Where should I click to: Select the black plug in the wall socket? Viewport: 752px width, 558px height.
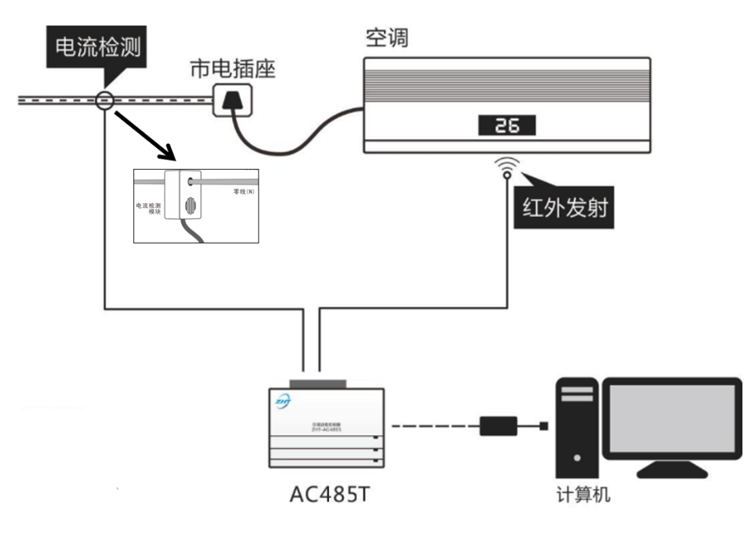click(233, 102)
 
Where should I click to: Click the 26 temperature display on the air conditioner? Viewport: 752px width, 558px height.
click(506, 125)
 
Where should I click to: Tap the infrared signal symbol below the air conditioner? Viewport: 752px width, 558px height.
click(507, 167)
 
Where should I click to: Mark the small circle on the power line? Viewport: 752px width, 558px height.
click(104, 100)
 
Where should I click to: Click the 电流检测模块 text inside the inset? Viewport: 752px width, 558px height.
click(150, 209)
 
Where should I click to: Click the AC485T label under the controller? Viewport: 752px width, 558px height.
click(329, 494)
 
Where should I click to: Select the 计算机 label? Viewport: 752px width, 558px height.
click(583, 494)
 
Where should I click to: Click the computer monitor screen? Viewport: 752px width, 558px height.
click(672, 418)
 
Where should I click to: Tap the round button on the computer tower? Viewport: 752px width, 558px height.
click(577, 458)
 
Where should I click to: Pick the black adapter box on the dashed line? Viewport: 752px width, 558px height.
click(498, 426)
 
